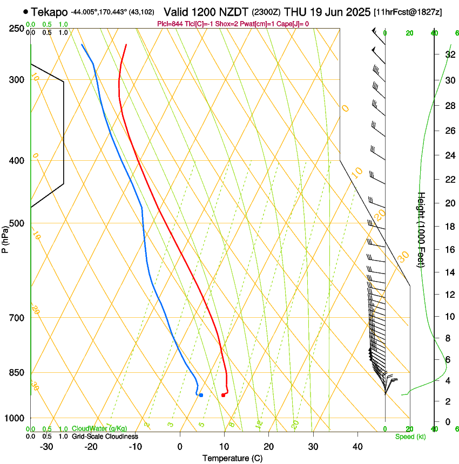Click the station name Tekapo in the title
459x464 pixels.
49,12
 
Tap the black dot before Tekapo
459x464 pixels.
25,11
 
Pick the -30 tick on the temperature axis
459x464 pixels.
46,447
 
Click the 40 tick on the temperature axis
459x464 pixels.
357,447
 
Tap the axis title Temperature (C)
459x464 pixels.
232,458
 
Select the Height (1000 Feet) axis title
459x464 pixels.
422,229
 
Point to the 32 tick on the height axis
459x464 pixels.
448,54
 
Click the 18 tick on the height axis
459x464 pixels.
448,227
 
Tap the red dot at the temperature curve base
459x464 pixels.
223,395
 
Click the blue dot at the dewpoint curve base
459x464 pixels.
201,395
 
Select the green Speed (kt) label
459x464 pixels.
410,436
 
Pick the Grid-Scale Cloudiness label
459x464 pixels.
105,436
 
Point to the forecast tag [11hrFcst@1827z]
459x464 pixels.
408,12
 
